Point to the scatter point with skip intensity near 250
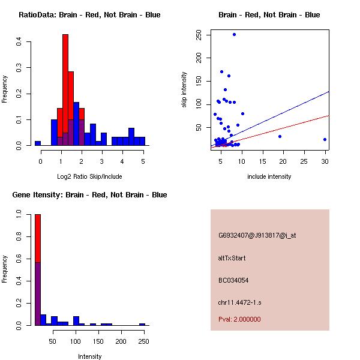[x=234, y=35]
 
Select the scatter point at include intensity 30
[x=325, y=139]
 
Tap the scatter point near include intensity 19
[x=280, y=136]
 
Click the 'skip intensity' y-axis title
[x=184, y=90]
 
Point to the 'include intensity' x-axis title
[x=269, y=176]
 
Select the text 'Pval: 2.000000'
[x=239, y=319]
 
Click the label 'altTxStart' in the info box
[x=232, y=258]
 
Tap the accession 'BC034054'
[x=233, y=280]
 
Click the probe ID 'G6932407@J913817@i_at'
[x=257, y=235]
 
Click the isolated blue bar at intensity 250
[x=142, y=324]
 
